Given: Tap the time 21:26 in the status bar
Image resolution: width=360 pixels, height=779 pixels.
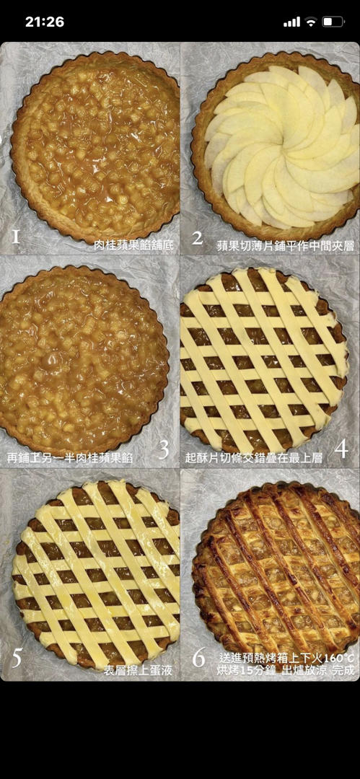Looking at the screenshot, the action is [44, 22].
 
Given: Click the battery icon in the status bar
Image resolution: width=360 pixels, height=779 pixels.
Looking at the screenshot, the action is [333, 22].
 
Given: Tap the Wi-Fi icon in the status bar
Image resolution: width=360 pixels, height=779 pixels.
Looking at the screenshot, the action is [311, 22].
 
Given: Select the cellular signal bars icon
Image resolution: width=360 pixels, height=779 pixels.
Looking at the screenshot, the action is [292, 22].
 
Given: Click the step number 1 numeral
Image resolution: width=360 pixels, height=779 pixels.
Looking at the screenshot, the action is [15, 236].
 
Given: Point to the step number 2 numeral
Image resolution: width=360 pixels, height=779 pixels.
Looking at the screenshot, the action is [198, 238].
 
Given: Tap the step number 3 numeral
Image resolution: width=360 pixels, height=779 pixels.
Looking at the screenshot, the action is [164, 449].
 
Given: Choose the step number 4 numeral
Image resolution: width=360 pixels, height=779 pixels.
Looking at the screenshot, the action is [341, 449].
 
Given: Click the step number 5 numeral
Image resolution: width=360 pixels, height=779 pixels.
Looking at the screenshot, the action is [17, 658].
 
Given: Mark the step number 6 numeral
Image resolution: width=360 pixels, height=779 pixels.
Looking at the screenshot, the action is [198, 658].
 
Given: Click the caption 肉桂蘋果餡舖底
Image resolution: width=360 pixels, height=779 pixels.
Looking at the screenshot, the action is [133, 245].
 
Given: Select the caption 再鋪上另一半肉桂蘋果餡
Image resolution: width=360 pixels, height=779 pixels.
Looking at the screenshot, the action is [69, 457].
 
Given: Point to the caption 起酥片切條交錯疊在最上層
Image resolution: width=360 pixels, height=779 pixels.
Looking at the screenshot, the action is [254, 457].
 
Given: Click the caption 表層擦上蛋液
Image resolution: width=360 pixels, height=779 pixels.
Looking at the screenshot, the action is [139, 670].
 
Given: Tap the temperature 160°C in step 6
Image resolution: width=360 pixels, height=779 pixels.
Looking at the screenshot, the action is [338, 658].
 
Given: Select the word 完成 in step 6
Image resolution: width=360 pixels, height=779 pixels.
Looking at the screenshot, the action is [344, 670].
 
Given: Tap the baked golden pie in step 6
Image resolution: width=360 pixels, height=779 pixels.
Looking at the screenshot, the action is [276, 571].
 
